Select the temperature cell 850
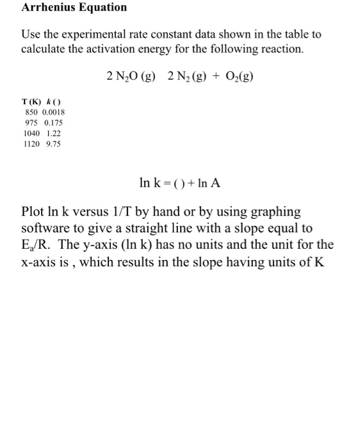click(x=31, y=111)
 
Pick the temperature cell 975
click(x=31, y=122)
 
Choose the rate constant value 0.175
click(x=53, y=122)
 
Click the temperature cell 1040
click(x=31, y=133)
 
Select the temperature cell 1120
click(x=31, y=144)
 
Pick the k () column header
click(x=55, y=101)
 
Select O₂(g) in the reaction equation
click(x=238, y=77)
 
